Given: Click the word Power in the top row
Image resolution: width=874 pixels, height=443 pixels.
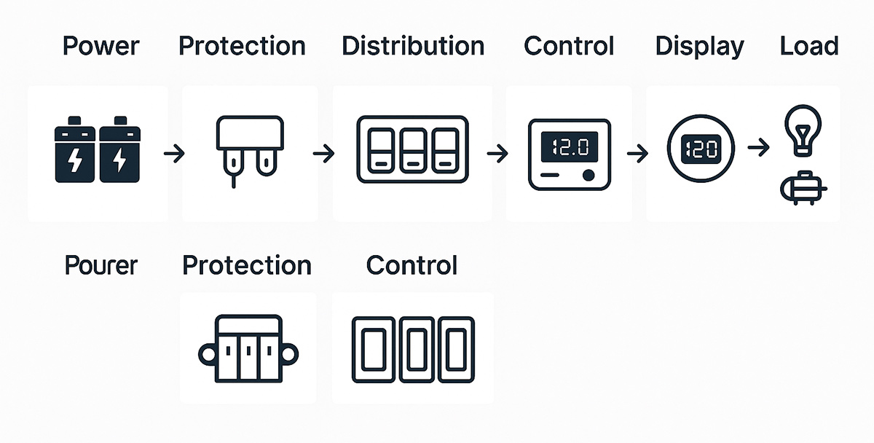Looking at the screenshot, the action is click(x=101, y=46).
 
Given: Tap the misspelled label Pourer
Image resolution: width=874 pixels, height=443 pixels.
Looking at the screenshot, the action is click(x=101, y=265).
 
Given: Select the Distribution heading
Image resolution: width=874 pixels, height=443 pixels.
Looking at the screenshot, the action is click(x=413, y=46).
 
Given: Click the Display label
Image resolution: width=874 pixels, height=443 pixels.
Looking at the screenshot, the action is click(x=700, y=47).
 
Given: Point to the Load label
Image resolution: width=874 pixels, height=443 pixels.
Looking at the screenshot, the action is click(x=809, y=46).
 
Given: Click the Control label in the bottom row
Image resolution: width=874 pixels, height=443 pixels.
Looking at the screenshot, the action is click(x=412, y=265).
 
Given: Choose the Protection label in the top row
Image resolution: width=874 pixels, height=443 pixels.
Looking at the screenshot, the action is click(x=242, y=46).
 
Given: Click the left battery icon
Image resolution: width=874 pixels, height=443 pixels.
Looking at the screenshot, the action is click(x=75, y=149).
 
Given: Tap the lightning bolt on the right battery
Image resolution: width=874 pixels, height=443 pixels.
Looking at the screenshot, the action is click(x=119, y=160).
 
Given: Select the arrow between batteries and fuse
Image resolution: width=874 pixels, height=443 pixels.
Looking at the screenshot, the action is click(x=174, y=154).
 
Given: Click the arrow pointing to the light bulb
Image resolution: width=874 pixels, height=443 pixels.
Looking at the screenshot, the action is click(x=758, y=147).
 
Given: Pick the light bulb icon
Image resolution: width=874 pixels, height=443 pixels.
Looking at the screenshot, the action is click(x=803, y=130).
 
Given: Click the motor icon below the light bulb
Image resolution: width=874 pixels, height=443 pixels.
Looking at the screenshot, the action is click(x=803, y=188).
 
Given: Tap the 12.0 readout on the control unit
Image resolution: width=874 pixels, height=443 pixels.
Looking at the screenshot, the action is click(x=570, y=146).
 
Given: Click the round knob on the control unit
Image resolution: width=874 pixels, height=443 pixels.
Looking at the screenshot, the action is click(x=588, y=176).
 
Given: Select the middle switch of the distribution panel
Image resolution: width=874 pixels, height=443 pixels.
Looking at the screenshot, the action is click(x=413, y=150).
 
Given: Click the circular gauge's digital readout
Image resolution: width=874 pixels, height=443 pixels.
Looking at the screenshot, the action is click(x=701, y=149).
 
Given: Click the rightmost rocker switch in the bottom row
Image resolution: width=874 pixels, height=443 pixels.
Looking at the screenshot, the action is click(x=456, y=350).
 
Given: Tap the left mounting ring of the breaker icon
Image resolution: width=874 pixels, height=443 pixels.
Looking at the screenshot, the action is click(x=207, y=355).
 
